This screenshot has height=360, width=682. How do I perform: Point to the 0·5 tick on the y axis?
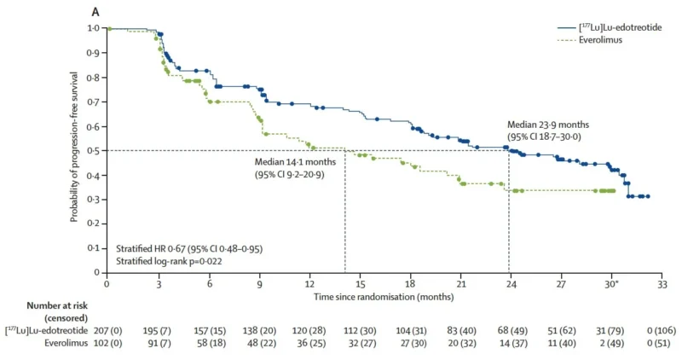coord(104,151)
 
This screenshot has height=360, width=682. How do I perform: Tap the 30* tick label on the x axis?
coord(611,284)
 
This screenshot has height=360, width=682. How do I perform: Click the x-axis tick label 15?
coord(360,284)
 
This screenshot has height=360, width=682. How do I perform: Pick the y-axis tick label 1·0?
coord(93,28)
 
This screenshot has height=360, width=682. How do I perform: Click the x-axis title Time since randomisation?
coord(384,297)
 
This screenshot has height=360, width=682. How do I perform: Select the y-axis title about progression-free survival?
coord(74,147)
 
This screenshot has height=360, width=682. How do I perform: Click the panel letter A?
coord(95,12)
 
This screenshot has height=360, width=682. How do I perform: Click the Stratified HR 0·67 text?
coord(189,249)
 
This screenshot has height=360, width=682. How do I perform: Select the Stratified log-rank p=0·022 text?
coord(169,261)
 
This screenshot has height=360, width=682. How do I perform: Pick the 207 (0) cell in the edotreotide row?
coord(108,331)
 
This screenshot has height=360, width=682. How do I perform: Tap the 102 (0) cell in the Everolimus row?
coord(108,344)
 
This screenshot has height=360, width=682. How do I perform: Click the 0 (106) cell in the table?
coord(662,331)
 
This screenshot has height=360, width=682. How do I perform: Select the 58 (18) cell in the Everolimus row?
coord(210,344)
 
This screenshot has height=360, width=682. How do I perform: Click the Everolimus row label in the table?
coord(66,344)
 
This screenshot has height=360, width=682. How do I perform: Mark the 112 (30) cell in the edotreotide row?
coord(360,331)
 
